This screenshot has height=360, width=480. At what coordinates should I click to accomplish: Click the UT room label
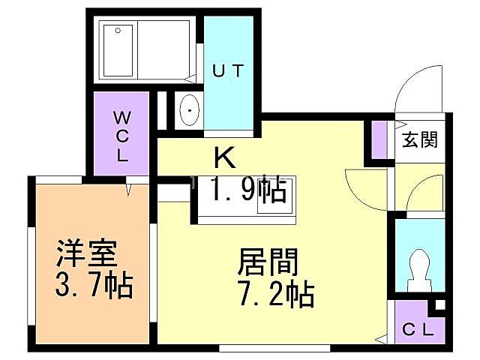point(227,72)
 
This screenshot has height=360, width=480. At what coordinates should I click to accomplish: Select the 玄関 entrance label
point(419,139)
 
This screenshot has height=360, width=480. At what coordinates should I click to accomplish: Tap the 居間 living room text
point(268,262)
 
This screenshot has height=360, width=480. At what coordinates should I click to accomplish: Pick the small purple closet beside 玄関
point(380,140)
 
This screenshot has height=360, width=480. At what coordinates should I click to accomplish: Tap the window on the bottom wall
point(274,347)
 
